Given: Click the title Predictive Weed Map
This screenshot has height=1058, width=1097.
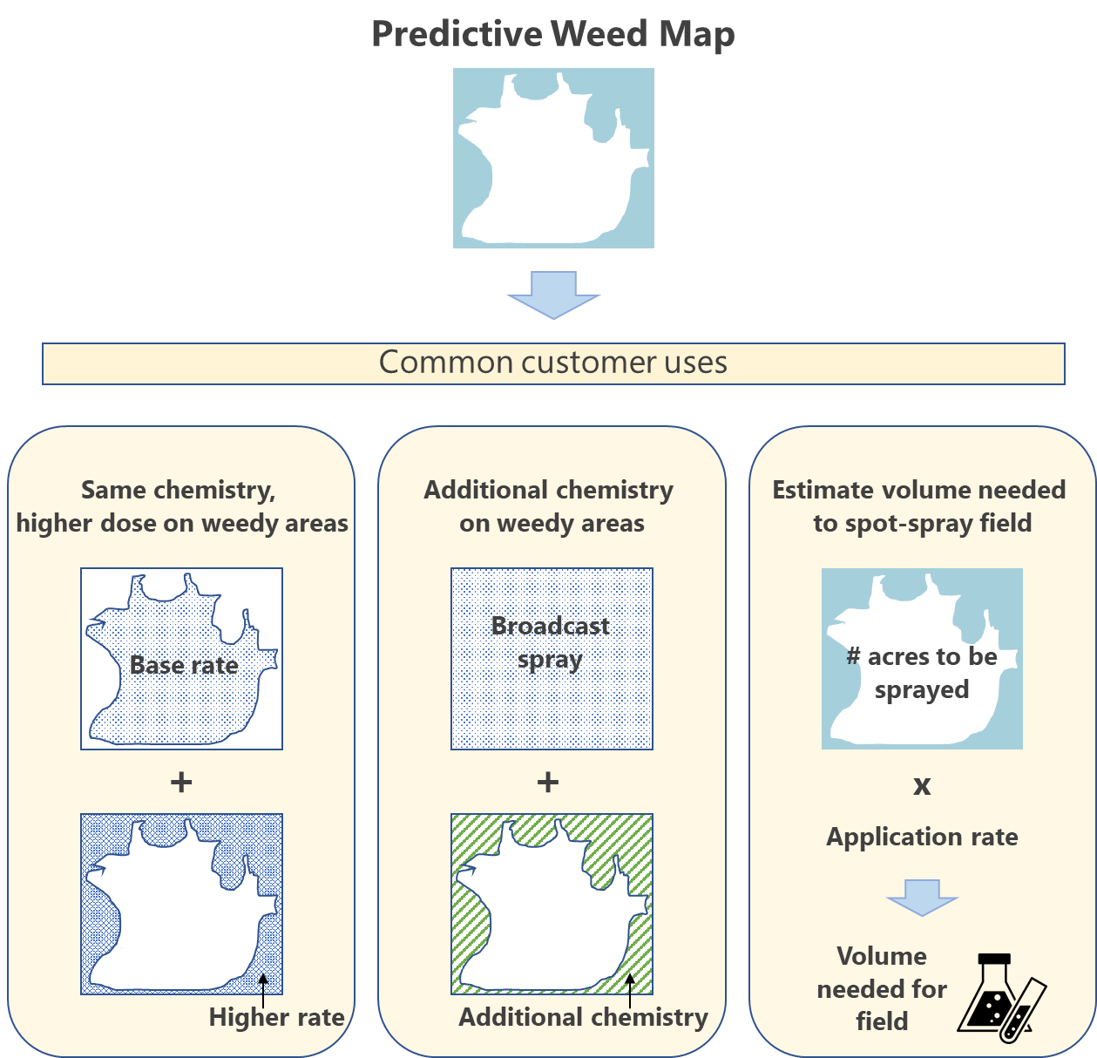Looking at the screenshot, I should pos(552,35).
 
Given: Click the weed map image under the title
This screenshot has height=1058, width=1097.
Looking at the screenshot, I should pos(553,158).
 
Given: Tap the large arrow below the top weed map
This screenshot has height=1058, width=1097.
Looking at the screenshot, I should pos(553,295).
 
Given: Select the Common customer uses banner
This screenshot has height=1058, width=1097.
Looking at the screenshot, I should pos(553,363).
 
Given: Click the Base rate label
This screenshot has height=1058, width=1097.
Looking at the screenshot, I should pos(184,665).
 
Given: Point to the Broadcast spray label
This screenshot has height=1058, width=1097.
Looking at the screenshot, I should pos(551,642).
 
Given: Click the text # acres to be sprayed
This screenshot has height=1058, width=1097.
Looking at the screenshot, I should pos(922,673).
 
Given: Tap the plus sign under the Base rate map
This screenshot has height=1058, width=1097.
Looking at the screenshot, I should pos(181,782).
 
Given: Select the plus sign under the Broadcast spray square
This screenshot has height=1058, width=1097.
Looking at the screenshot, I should pos(548,782).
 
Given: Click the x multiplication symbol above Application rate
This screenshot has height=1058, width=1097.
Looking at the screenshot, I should pos(922,785).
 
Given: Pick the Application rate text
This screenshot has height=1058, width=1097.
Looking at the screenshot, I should pos(922,837).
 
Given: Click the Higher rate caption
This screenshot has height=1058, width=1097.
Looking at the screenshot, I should pos(276,1017).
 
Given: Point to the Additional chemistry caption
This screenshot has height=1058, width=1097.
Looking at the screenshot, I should pos(583,1017).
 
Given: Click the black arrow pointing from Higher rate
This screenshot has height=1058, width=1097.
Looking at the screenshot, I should pos(263,990).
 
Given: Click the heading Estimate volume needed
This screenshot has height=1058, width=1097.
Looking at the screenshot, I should pos(919,490).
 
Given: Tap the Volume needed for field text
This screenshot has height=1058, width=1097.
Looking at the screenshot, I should pos(882,988).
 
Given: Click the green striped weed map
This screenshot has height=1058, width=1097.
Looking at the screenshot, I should pos(552,904).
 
